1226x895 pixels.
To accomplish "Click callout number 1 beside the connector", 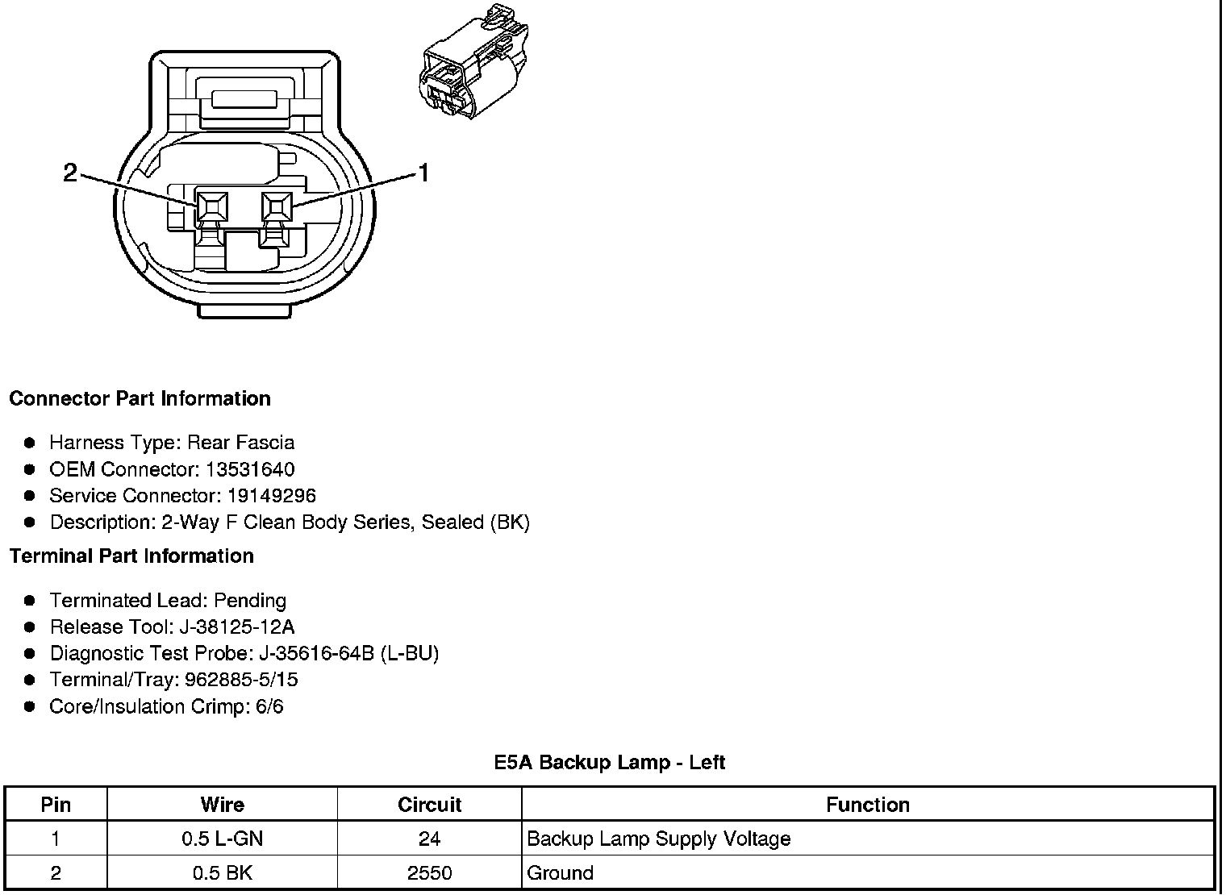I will click(422, 172).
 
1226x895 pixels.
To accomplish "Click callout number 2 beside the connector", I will click(71, 172).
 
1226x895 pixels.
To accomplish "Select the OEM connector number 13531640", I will click(250, 469).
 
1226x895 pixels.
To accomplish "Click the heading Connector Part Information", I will click(140, 398).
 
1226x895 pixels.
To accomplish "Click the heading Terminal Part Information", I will click(131, 556).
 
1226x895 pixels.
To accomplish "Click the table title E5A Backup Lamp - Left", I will click(610, 762).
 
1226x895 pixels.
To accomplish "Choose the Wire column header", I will click(222, 805).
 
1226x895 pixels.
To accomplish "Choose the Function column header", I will click(867, 805).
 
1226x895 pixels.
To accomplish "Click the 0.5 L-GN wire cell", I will click(222, 839).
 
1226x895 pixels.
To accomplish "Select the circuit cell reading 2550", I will click(429, 873).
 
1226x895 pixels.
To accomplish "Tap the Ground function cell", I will click(560, 873).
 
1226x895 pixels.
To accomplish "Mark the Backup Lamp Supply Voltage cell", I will click(658, 839).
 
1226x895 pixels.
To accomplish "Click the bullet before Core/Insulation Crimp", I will click(30, 707).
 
